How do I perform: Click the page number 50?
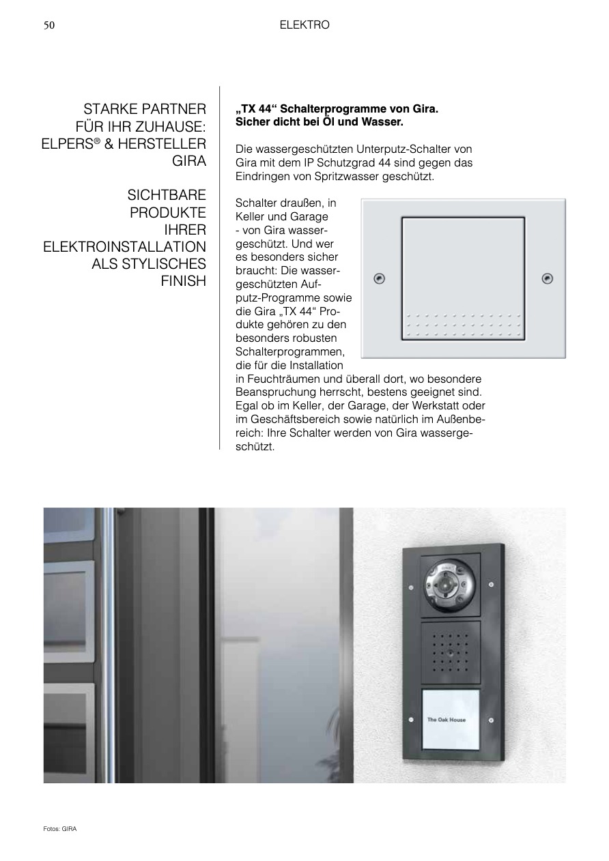(x=49, y=25)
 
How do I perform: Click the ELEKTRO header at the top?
(x=304, y=25)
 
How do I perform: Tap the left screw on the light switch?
(x=380, y=278)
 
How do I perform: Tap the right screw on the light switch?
(x=547, y=278)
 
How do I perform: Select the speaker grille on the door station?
(x=450, y=651)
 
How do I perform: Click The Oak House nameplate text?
(x=446, y=720)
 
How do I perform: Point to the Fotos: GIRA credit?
(x=60, y=829)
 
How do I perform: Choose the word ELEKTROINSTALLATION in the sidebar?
(x=124, y=247)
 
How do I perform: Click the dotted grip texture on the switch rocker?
(x=463, y=325)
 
